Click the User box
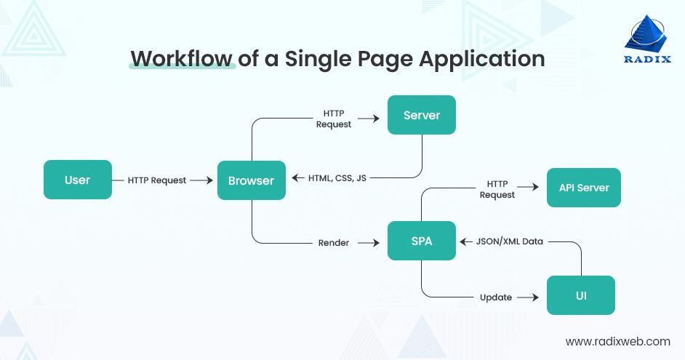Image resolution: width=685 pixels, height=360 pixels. point(78,180)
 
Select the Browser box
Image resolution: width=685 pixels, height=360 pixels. point(251,180)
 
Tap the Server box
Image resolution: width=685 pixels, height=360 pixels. point(422,115)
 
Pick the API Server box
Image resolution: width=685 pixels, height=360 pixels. point(584,188)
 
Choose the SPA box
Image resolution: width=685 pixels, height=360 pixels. point(422,241)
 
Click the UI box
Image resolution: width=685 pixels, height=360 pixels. point(581,296)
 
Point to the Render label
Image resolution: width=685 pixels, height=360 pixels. point(334,243)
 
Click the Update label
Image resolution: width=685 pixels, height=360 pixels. point(496,297)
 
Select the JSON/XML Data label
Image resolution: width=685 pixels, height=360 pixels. point(509,241)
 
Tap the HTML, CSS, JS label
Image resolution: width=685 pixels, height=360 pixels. point(337,178)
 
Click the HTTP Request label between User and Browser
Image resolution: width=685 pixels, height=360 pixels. point(157,180)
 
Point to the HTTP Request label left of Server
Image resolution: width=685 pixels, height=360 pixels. point(334,119)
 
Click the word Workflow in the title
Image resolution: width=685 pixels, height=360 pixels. point(182,58)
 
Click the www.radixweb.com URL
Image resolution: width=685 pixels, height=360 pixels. point(617,340)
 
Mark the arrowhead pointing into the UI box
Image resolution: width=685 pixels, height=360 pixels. point(534,297)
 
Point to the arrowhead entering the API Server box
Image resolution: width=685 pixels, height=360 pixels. point(534,188)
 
